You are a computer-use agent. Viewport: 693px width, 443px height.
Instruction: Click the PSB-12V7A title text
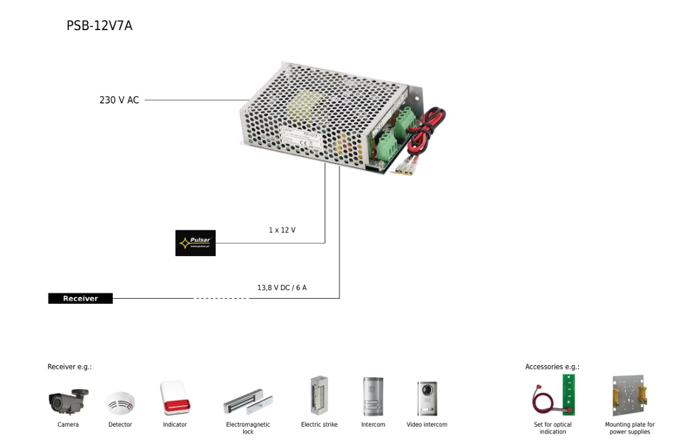coord(99,26)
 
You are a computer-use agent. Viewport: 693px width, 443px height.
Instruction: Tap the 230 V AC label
coord(119,100)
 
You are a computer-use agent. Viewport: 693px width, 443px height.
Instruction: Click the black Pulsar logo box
coord(195,243)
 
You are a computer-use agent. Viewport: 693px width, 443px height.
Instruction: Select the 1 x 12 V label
coord(282,230)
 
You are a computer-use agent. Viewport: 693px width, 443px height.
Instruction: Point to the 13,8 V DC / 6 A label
coord(282,288)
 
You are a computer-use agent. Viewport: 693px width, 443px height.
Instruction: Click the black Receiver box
coord(80,299)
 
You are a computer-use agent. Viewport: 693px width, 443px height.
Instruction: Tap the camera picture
coord(68,401)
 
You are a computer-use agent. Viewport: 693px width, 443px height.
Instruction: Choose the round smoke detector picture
coord(120,403)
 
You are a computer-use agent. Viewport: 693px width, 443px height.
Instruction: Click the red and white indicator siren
coord(174,398)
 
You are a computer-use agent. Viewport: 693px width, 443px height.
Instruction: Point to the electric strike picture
coord(319,396)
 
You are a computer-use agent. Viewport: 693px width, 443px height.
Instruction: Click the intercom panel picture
coord(373,397)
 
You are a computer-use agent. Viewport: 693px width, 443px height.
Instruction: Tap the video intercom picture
coord(427,398)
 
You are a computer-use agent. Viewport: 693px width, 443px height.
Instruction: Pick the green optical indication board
coord(568,395)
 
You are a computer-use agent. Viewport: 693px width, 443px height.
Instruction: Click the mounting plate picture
coord(629,396)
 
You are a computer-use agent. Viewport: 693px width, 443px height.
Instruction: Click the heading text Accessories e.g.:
coord(552,367)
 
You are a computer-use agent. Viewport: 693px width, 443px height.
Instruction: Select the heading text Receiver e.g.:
coord(70,367)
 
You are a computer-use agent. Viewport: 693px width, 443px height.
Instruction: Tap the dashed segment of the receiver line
coord(221,299)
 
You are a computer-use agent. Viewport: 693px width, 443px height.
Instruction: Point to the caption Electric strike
coord(319,425)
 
